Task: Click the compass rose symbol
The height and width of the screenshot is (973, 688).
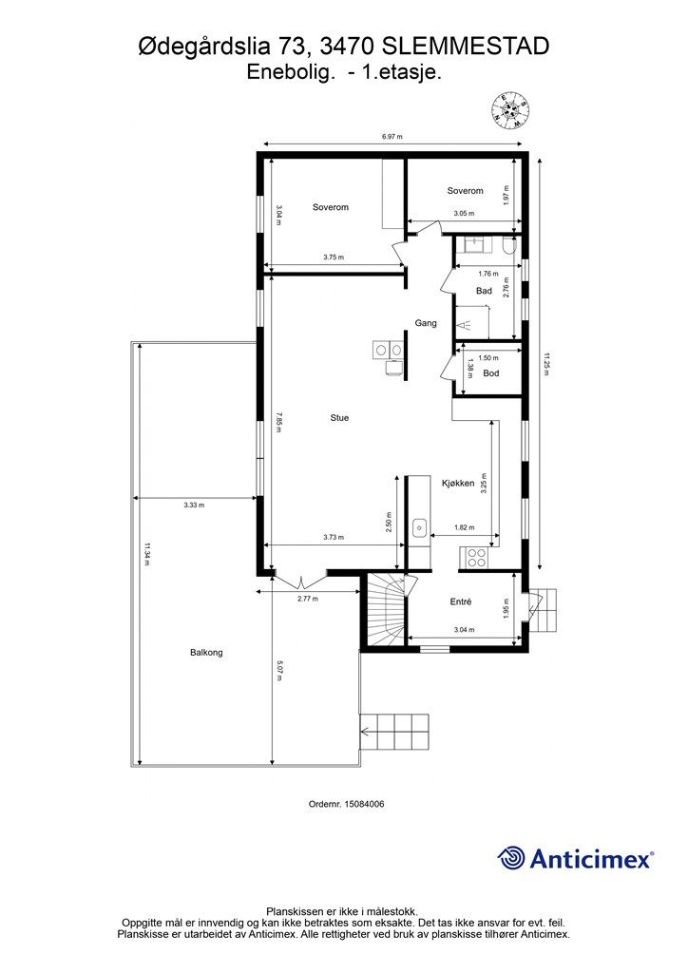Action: pyautogui.click(x=511, y=110)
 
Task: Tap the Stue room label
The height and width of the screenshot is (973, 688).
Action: pyautogui.click(x=339, y=418)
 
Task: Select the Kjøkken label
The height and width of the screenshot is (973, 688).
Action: pyautogui.click(x=458, y=484)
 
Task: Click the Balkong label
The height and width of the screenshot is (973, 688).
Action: pyautogui.click(x=206, y=653)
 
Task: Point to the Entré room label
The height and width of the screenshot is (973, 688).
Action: pyautogui.click(x=460, y=601)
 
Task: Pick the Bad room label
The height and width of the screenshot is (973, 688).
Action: pyautogui.click(x=484, y=291)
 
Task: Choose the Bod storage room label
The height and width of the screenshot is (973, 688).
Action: pyautogui.click(x=490, y=373)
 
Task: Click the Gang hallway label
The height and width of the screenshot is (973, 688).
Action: pyautogui.click(x=426, y=323)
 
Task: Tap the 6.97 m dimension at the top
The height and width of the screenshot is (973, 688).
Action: pyautogui.click(x=392, y=137)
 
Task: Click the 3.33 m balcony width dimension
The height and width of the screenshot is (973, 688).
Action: pyautogui.click(x=194, y=506)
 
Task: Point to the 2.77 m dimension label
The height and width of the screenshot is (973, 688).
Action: pyautogui.click(x=308, y=599)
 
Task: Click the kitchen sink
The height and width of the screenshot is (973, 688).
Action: pyautogui.click(x=420, y=528)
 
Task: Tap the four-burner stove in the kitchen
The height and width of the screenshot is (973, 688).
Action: pyautogui.click(x=476, y=557)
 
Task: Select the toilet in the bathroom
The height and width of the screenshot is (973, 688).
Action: pyautogui.click(x=508, y=246)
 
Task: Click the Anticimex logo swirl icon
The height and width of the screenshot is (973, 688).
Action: pyautogui.click(x=510, y=858)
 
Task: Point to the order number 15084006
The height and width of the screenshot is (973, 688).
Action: pyautogui.click(x=346, y=804)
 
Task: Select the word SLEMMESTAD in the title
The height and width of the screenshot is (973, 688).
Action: pyautogui.click(x=466, y=47)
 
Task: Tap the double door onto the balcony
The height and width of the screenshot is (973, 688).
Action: pyautogui.click(x=299, y=582)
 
